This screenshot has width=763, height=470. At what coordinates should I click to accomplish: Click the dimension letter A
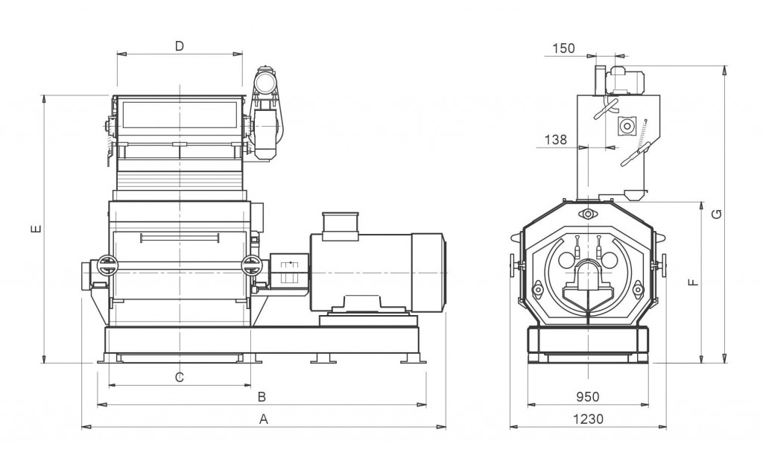click(263, 419)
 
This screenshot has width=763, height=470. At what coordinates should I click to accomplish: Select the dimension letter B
click(262, 396)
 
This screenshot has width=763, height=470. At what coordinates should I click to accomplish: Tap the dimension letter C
click(179, 377)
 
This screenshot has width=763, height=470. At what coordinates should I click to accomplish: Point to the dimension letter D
click(179, 46)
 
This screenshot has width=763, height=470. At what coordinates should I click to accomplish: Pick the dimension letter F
click(692, 282)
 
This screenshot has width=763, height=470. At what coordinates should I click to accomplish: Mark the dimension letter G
click(716, 215)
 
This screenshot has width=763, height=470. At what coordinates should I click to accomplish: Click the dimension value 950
click(588, 397)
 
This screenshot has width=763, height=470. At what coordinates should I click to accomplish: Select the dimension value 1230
click(588, 419)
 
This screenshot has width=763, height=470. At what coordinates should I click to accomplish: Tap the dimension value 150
click(564, 48)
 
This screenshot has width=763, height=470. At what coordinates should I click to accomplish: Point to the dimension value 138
click(555, 139)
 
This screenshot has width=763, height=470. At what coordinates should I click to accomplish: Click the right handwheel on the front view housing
click(252, 265)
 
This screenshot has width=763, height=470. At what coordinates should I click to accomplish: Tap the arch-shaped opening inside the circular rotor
click(588, 274)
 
